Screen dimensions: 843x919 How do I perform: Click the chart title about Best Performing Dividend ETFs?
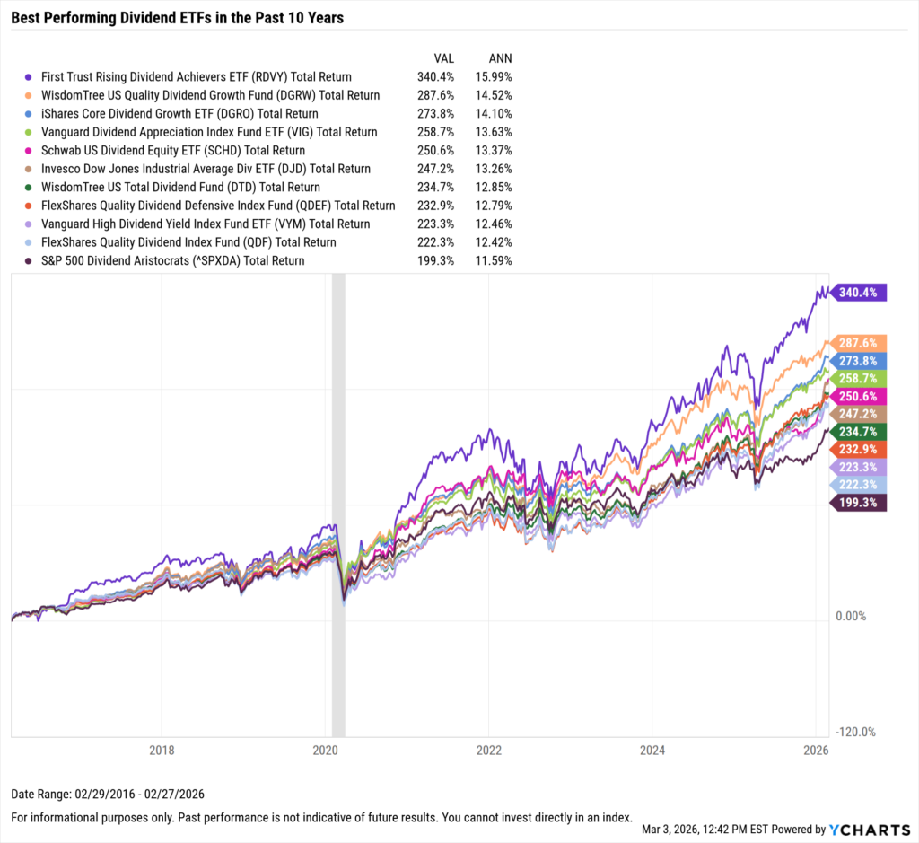[x=179, y=17]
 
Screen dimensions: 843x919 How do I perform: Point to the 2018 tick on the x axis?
[x=162, y=750]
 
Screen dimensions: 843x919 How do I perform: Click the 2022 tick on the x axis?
[x=488, y=750]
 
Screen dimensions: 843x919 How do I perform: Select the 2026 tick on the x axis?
[x=815, y=750]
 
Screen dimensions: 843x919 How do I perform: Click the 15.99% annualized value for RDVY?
[x=494, y=77]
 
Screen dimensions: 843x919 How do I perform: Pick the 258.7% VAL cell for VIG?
[x=435, y=132]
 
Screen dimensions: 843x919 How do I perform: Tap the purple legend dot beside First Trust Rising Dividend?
[x=31, y=77]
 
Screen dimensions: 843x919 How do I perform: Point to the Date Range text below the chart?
[x=109, y=795]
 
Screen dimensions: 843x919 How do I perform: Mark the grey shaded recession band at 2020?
[x=338, y=503]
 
